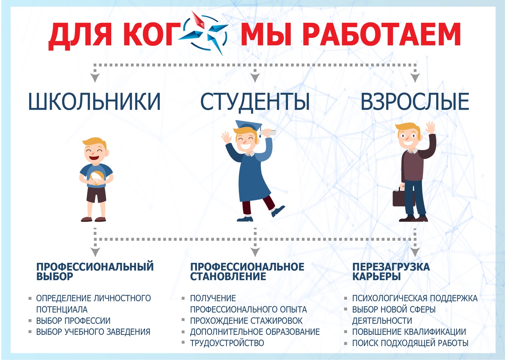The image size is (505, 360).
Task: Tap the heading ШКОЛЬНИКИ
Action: pos(95,102)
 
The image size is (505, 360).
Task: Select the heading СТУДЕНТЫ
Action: pos(255,102)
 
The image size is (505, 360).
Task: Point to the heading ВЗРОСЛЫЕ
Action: pos(415,102)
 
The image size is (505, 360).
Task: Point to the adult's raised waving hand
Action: pos(430,127)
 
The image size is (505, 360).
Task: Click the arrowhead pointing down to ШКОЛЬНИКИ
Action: pos(95,78)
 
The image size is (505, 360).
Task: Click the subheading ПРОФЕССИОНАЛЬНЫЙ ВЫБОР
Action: pos(95,271)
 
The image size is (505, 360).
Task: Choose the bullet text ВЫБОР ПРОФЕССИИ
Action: pos(73,321)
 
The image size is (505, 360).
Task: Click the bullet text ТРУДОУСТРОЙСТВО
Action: pos(227,343)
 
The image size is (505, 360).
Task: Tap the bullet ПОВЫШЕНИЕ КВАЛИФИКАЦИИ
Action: pos(409,332)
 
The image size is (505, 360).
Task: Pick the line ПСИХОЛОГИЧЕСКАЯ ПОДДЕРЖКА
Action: pos(415,298)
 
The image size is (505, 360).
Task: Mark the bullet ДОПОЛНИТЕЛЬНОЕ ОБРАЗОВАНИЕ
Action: pos(255,332)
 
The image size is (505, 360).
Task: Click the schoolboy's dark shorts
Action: pos(96,195)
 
